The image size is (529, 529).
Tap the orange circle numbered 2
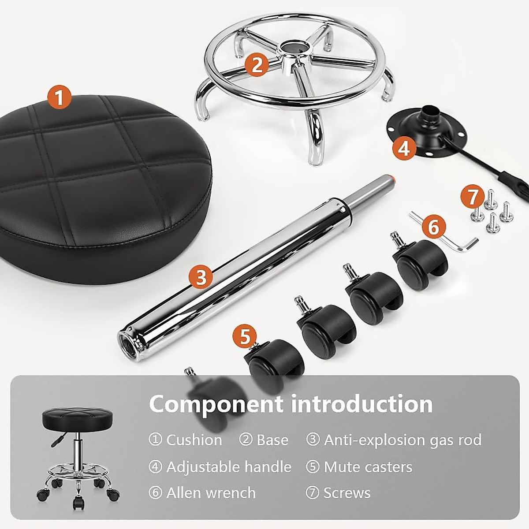pos(257,65)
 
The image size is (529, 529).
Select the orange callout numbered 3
pos(201,278)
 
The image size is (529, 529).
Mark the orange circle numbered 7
pos(473,197)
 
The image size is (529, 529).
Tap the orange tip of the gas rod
pos(391,178)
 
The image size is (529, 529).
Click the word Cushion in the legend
pos(194,440)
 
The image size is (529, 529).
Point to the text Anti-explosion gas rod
pos(402,440)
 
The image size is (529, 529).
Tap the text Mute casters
pos(368,467)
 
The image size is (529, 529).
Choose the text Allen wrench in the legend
pos(211,493)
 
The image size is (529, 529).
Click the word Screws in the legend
pos(347,493)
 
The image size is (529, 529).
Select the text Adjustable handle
pos(229,467)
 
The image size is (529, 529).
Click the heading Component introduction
pos(291,404)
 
